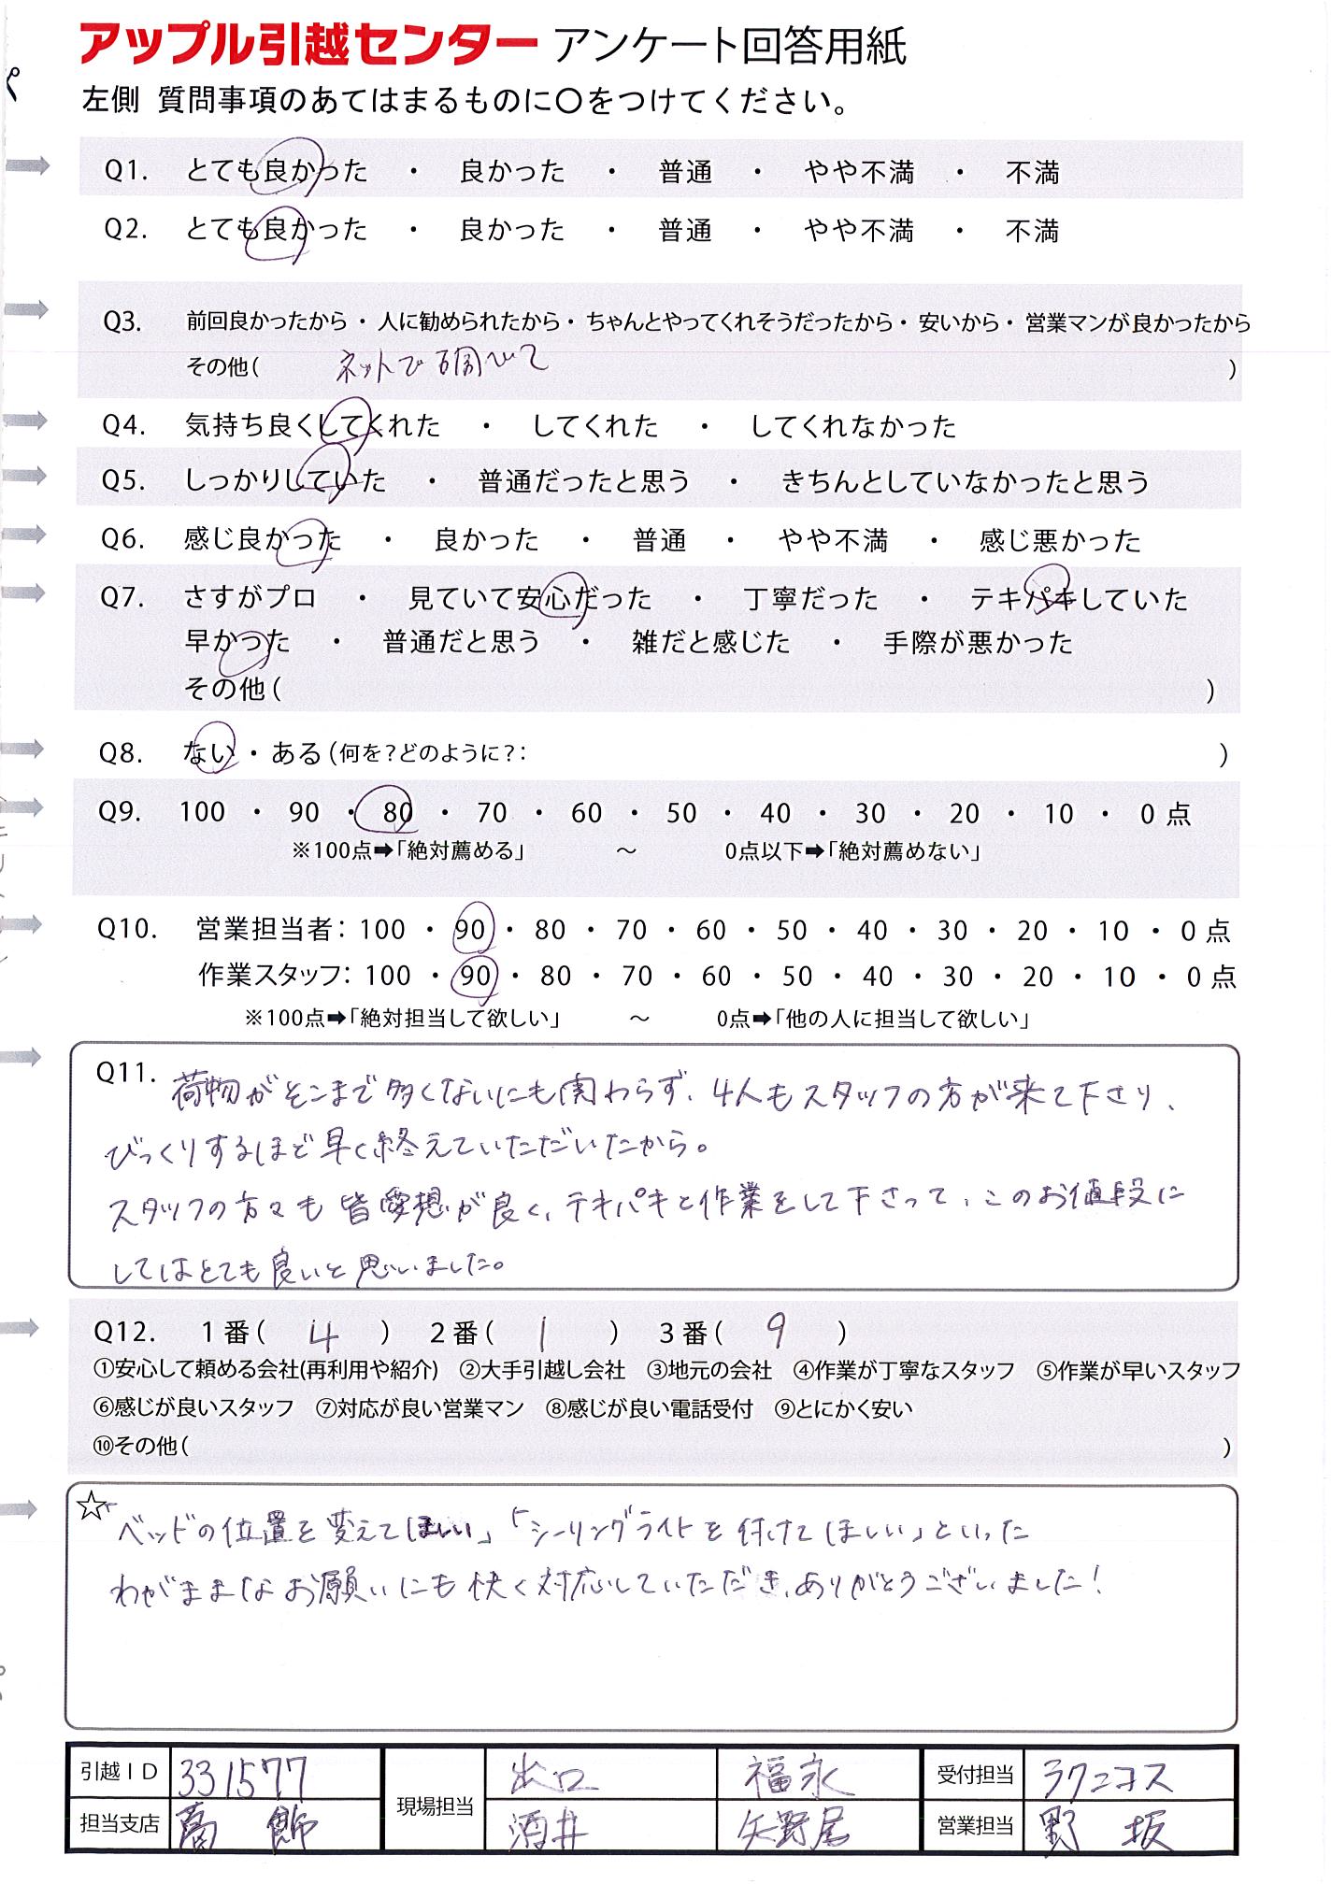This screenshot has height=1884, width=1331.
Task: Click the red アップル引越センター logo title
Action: pyautogui.click(x=309, y=46)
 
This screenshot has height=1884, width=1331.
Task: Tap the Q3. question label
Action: pyautogui.click(x=122, y=322)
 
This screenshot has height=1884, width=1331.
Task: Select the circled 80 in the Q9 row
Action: pyautogui.click(x=397, y=813)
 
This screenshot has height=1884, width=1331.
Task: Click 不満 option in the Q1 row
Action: pyautogui.click(x=1032, y=173)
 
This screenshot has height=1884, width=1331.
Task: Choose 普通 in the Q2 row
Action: pyautogui.click(x=685, y=231)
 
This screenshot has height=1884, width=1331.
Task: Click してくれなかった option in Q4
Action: pyautogui.click(x=853, y=427)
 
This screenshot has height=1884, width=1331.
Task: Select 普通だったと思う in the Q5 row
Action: pyautogui.click(x=584, y=482)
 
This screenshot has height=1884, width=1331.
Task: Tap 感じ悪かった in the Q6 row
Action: pyautogui.click(x=1060, y=541)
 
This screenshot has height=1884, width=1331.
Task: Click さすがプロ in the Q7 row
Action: pyautogui.click(x=250, y=598)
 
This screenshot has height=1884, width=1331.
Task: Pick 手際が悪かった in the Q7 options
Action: pyautogui.click(x=978, y=643)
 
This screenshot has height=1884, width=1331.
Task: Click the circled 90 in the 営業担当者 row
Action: pyautogui.click(x=470, y=931)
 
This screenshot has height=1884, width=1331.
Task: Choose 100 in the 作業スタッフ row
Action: pyautogui.click(x=388, y=977)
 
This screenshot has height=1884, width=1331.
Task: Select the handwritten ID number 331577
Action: pyautogui.click(x=242, y=1774)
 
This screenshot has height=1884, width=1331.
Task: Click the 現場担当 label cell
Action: pyautogui.click(x=435, y=1806)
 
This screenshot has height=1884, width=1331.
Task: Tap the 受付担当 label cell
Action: pyautogui.click(x=975, y=1775)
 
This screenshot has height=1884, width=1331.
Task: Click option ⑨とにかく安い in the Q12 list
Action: pyautogui.click(x=843, y=1408)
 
